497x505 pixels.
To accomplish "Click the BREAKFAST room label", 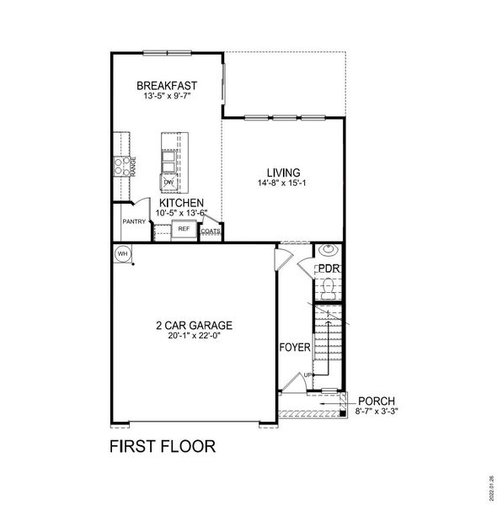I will pyautogui.click(x=167, y=85).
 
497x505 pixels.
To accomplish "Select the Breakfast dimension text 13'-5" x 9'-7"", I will pyautogui.click(x=167, y=96).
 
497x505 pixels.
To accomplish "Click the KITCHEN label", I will pyautogui.click(x=181, y=203).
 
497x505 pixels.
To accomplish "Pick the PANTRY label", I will pyautogui.click(x=134, y=222).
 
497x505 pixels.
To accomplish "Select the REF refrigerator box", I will pyautogui.click(x=184, y=228).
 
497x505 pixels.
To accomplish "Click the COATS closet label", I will pyautogui.click(x=211, y=230).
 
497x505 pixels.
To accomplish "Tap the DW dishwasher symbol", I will pyautogui.click(x=168, y=181).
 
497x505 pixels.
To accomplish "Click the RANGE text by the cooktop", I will pyautogui.click(x=133, y=165).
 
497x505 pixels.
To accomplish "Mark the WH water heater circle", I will pyautogui.click(x=121, y=252).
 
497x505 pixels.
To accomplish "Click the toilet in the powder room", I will pyautogui.click(x=327, y=288).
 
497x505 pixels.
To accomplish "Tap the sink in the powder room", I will pyautogui.click(x=327, y=250).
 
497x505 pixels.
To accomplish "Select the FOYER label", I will pyautogui.click(x=295, y=347).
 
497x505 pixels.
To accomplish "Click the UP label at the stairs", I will pyautogui.click(x=308, y=375).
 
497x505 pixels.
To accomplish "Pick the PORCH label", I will pyautogui.click(x=376, y=401).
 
